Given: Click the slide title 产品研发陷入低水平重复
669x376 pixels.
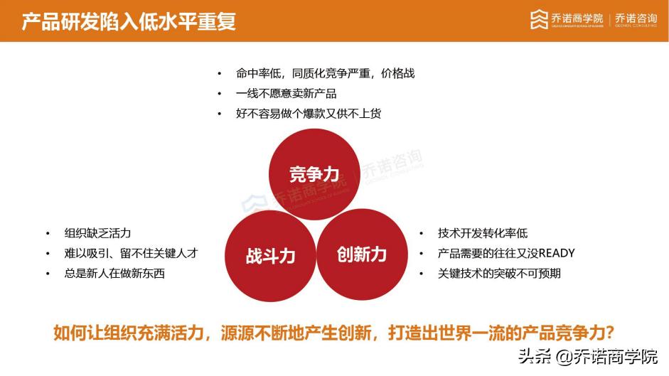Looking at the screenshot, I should (x=129, y=21).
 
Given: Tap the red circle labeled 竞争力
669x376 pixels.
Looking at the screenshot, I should (x=314, y=173).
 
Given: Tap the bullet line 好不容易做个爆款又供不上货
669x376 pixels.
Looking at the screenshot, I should (x=309, y=113).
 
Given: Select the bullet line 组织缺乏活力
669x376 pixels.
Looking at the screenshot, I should (x=97, y=233).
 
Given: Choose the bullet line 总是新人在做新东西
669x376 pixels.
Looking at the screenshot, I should (x=114, y=273).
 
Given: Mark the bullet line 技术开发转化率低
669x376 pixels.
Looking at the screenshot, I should (x=483, y=233).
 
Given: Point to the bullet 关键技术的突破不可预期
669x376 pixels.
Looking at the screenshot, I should (x=499, y=273).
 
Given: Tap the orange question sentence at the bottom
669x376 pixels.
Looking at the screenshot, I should (x=334, y=333).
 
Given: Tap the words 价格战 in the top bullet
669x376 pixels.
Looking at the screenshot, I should (x=397, y=73).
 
